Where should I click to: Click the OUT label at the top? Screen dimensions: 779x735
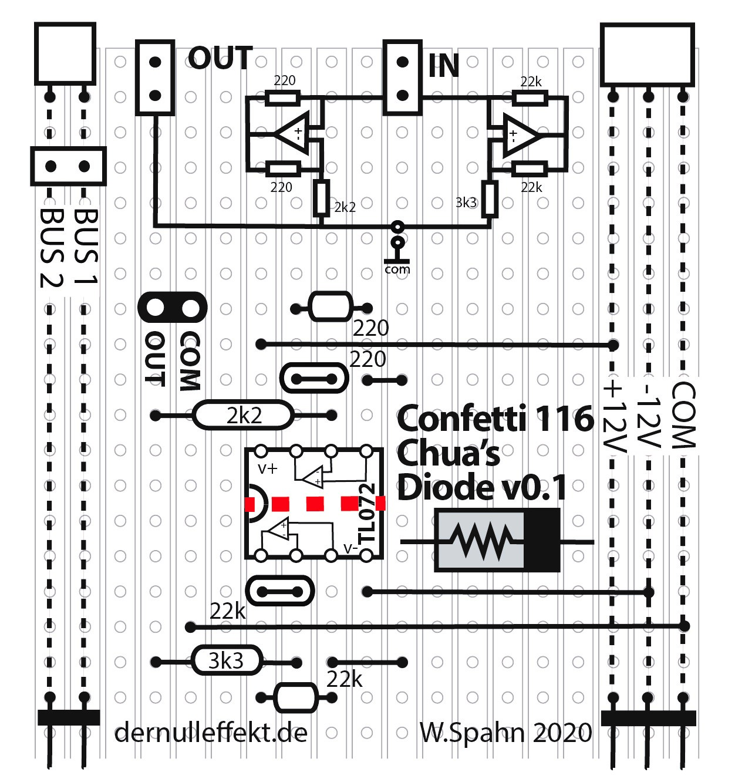point(220,59)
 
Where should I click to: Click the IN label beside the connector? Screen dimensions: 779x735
point(443,65)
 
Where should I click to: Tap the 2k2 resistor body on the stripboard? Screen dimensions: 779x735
point(243,416)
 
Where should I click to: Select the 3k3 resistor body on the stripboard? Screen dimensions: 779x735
point(226,662)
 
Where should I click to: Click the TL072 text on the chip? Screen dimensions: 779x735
point(367,514)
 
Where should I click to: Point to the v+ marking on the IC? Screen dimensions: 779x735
point(268,468)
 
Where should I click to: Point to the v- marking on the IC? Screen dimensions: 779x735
point(350,548)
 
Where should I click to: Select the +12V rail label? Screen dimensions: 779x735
point(614,417)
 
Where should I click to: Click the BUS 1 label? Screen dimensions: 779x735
point(86,247)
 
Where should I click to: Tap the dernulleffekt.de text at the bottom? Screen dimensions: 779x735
point(211,733)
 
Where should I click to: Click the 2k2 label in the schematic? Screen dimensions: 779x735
point(345,207)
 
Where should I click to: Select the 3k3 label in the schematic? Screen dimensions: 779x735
point(466,203)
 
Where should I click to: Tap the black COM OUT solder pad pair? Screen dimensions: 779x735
point(173,307)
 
